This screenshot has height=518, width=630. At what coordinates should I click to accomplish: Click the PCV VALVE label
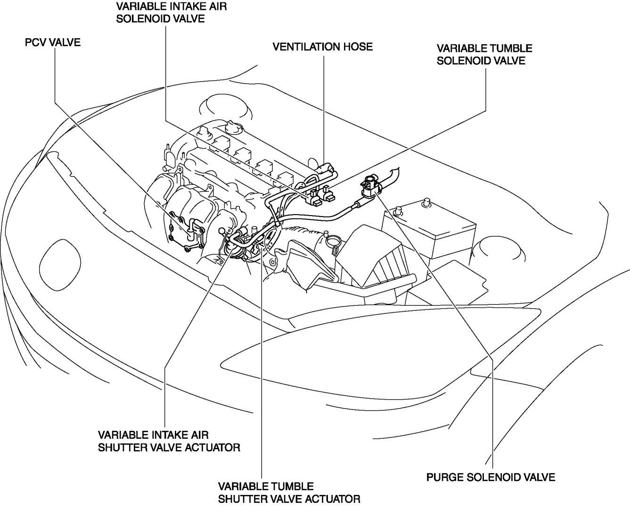click(x=52, y=43)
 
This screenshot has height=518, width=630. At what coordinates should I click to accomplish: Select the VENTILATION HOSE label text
click(x=323, y=47)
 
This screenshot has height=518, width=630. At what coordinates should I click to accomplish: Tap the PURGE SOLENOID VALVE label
click(x=491, y=477)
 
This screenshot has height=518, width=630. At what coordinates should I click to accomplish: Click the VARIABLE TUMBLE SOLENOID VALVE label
click(x=484, y=54)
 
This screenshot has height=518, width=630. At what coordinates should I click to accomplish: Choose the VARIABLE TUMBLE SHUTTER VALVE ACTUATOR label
click(x=289, y=492)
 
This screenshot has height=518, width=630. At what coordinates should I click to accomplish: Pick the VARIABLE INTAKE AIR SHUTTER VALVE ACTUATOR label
click(x=169, y=441)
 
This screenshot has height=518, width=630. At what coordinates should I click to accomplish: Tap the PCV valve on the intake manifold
click(x=191, y=231)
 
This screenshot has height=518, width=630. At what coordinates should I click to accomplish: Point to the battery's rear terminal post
click(x=427, y=203)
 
